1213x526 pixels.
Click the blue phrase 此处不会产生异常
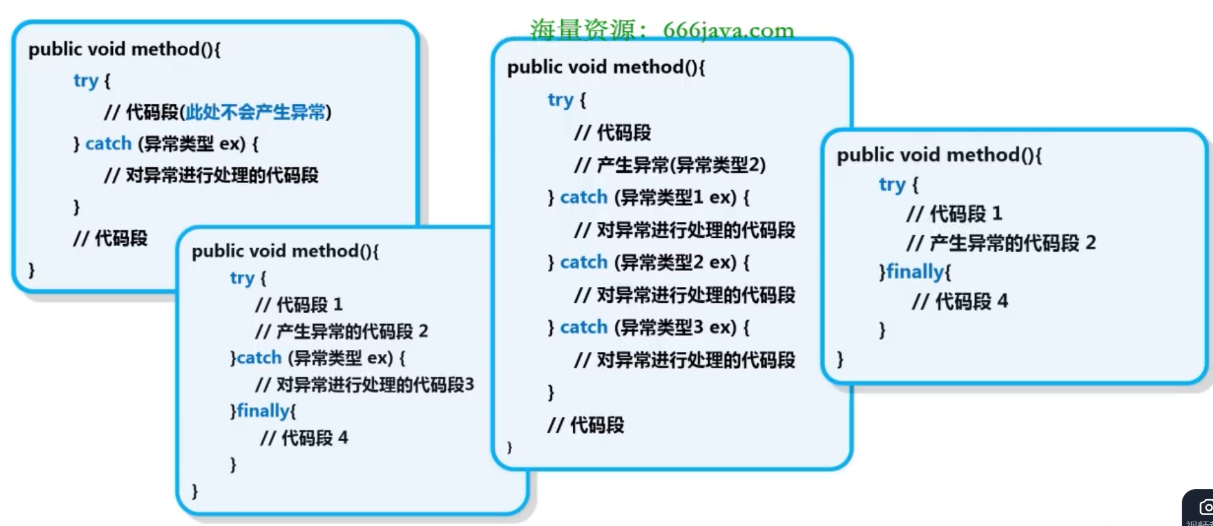[x=255, y=113]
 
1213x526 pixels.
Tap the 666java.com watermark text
[x=728, y=30]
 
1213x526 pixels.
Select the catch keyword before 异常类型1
[x=584, y=198]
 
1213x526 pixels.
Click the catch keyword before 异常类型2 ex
[x=584, y=262]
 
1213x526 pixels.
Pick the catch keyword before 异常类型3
[x=584, y=327]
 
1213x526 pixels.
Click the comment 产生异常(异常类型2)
[x=670, y=166]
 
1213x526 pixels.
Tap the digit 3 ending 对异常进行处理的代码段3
[x=469, y=384]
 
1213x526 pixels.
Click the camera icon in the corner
[x=1205, y=508]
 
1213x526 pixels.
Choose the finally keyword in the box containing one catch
[x=263, y=411]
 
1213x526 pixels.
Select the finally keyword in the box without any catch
[x=915, y=272]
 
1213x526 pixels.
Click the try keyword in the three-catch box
[x=561, y=100]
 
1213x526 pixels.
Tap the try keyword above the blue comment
[x=86, y=81]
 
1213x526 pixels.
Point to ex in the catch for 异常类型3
[x=723, y=327]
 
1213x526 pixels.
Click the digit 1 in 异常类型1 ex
[x=698, y=198]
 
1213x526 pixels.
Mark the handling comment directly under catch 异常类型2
[x=684, y=295]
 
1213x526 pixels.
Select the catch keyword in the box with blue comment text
[x=108, y=144]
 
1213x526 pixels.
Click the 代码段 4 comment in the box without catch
[x=960, y=301]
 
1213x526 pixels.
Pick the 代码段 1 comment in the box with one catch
[x=298, y=305]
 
